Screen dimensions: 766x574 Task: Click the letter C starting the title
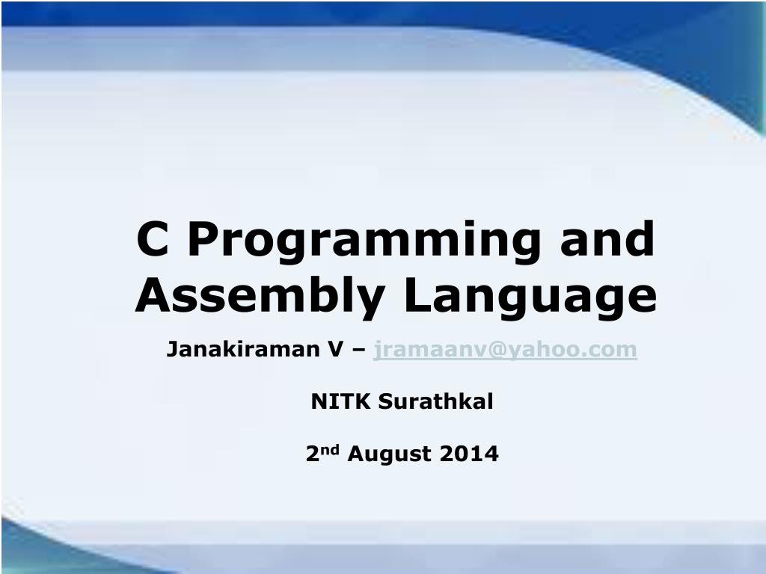[x=153, y=238]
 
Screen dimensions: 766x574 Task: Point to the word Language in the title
[x=530, y=297]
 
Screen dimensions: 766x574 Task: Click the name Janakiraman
[x=243, y=350]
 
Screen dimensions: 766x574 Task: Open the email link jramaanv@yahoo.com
[x=505, y=351]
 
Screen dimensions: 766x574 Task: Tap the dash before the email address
[x=358, y=351]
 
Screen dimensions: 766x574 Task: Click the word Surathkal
[x=436, y=401]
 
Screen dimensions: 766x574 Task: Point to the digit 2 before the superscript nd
[x=312, y=454]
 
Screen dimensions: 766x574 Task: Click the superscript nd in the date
[x=329, y=449]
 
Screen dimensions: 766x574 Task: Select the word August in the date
[x=389, y=454]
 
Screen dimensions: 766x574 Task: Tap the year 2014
[x=469, y=454]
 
